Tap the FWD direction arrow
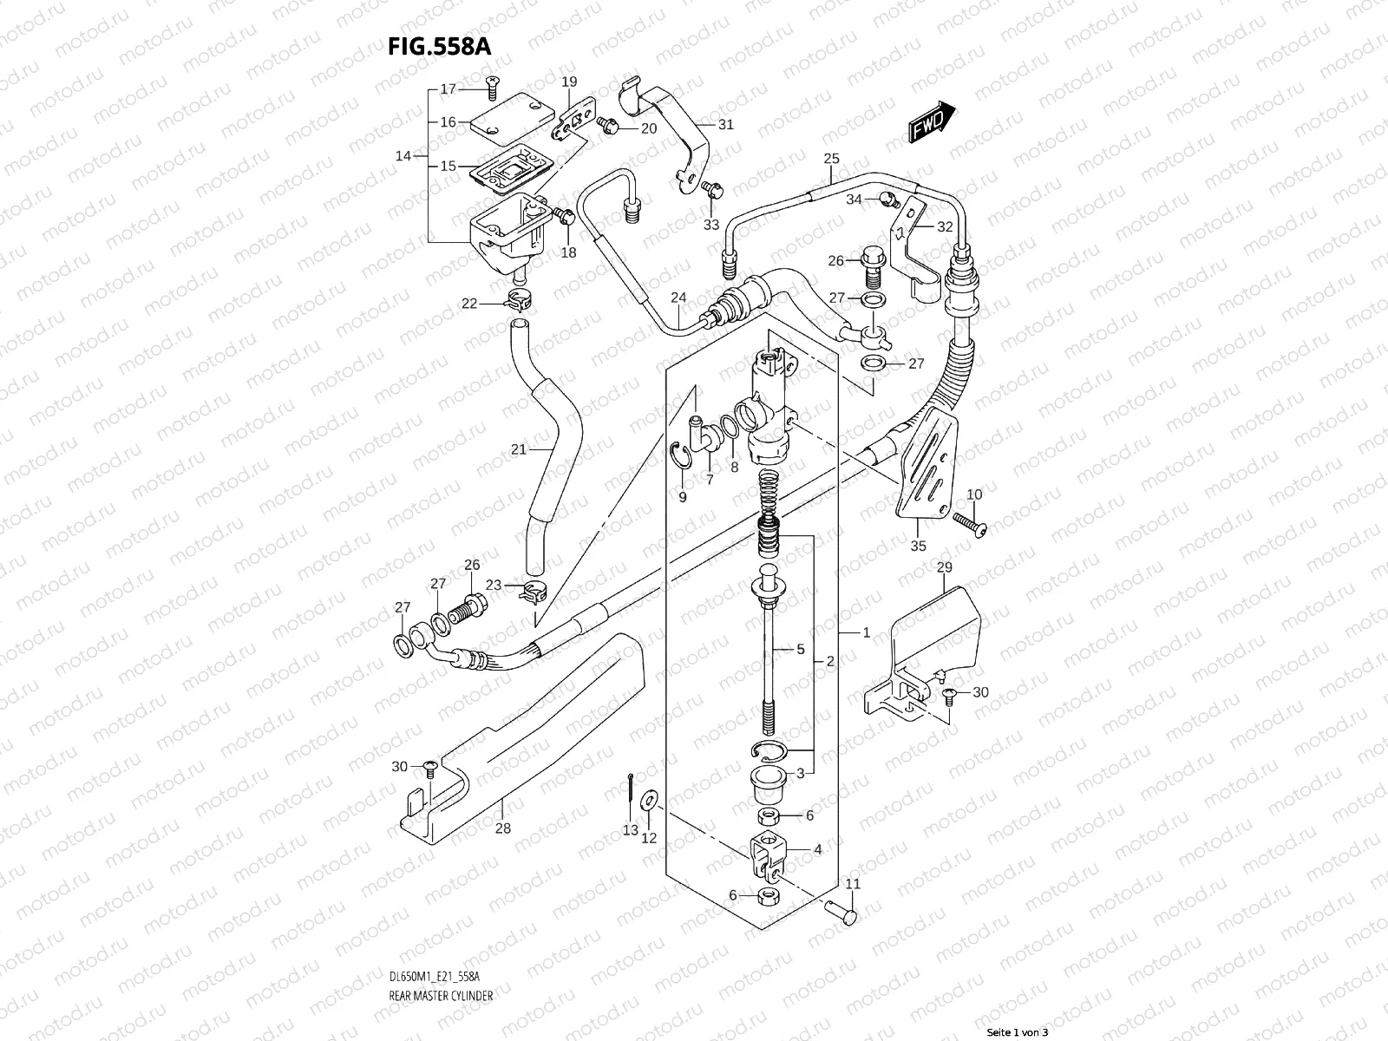(932, 120)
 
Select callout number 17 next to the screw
(448, 89)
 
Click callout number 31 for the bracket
(725, 125)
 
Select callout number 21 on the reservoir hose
(519, 449)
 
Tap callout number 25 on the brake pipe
(831, 159)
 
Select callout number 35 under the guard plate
(918, 546)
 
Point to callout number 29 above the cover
(944, 566)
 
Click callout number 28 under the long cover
(502, 828)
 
